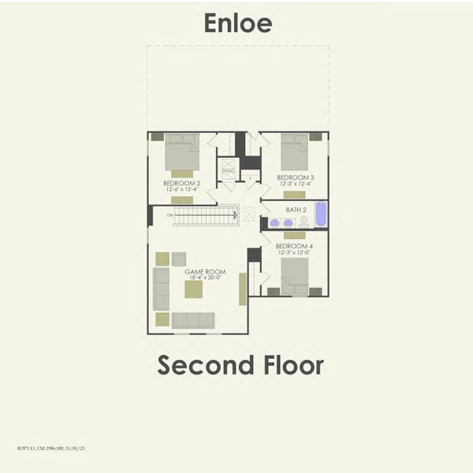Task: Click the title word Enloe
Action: point(237,23)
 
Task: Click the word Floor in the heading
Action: point(292,365)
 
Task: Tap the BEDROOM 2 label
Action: point(181,183)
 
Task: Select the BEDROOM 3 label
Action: point(295,177)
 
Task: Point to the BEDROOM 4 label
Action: point(294,247)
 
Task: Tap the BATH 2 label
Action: point(296,210)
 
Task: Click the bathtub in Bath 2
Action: point(320,214)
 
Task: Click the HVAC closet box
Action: point(229,169)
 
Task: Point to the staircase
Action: point(205,214)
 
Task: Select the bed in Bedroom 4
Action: point(294,276)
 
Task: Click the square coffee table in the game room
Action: point(193,289)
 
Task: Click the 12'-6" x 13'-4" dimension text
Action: point(181,189)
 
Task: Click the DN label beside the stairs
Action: point(169,214)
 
